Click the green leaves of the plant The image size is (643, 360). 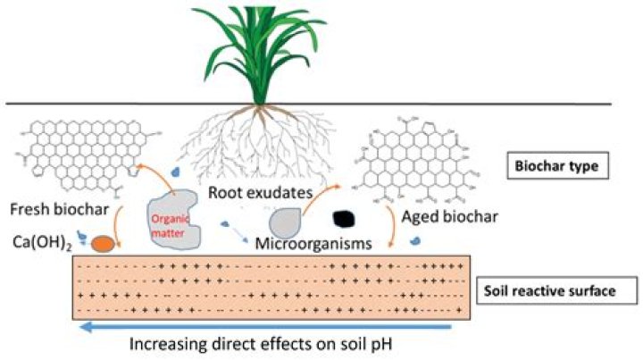(260, 54)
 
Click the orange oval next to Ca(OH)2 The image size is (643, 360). (101, 243)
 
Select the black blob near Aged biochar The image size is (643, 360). (345, 217)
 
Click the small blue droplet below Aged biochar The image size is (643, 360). (416, 240)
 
